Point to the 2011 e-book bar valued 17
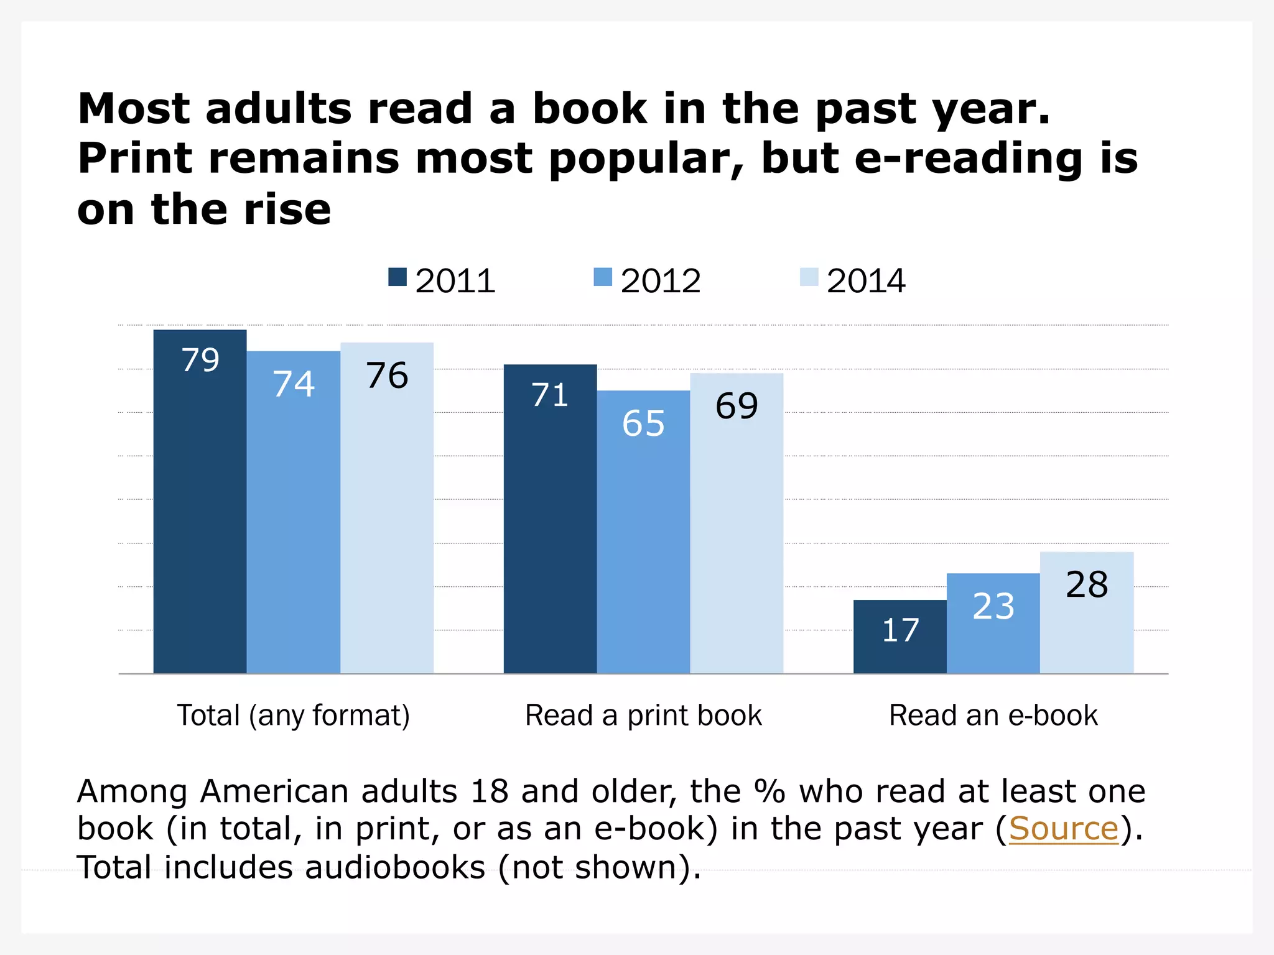900,637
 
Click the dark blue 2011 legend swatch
398,277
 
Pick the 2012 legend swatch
603,277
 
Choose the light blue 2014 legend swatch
809,277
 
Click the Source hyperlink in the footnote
1063,829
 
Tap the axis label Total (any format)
294,716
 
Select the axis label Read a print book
643,716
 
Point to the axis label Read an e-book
993,716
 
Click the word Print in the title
135,159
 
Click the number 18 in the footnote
489,791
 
